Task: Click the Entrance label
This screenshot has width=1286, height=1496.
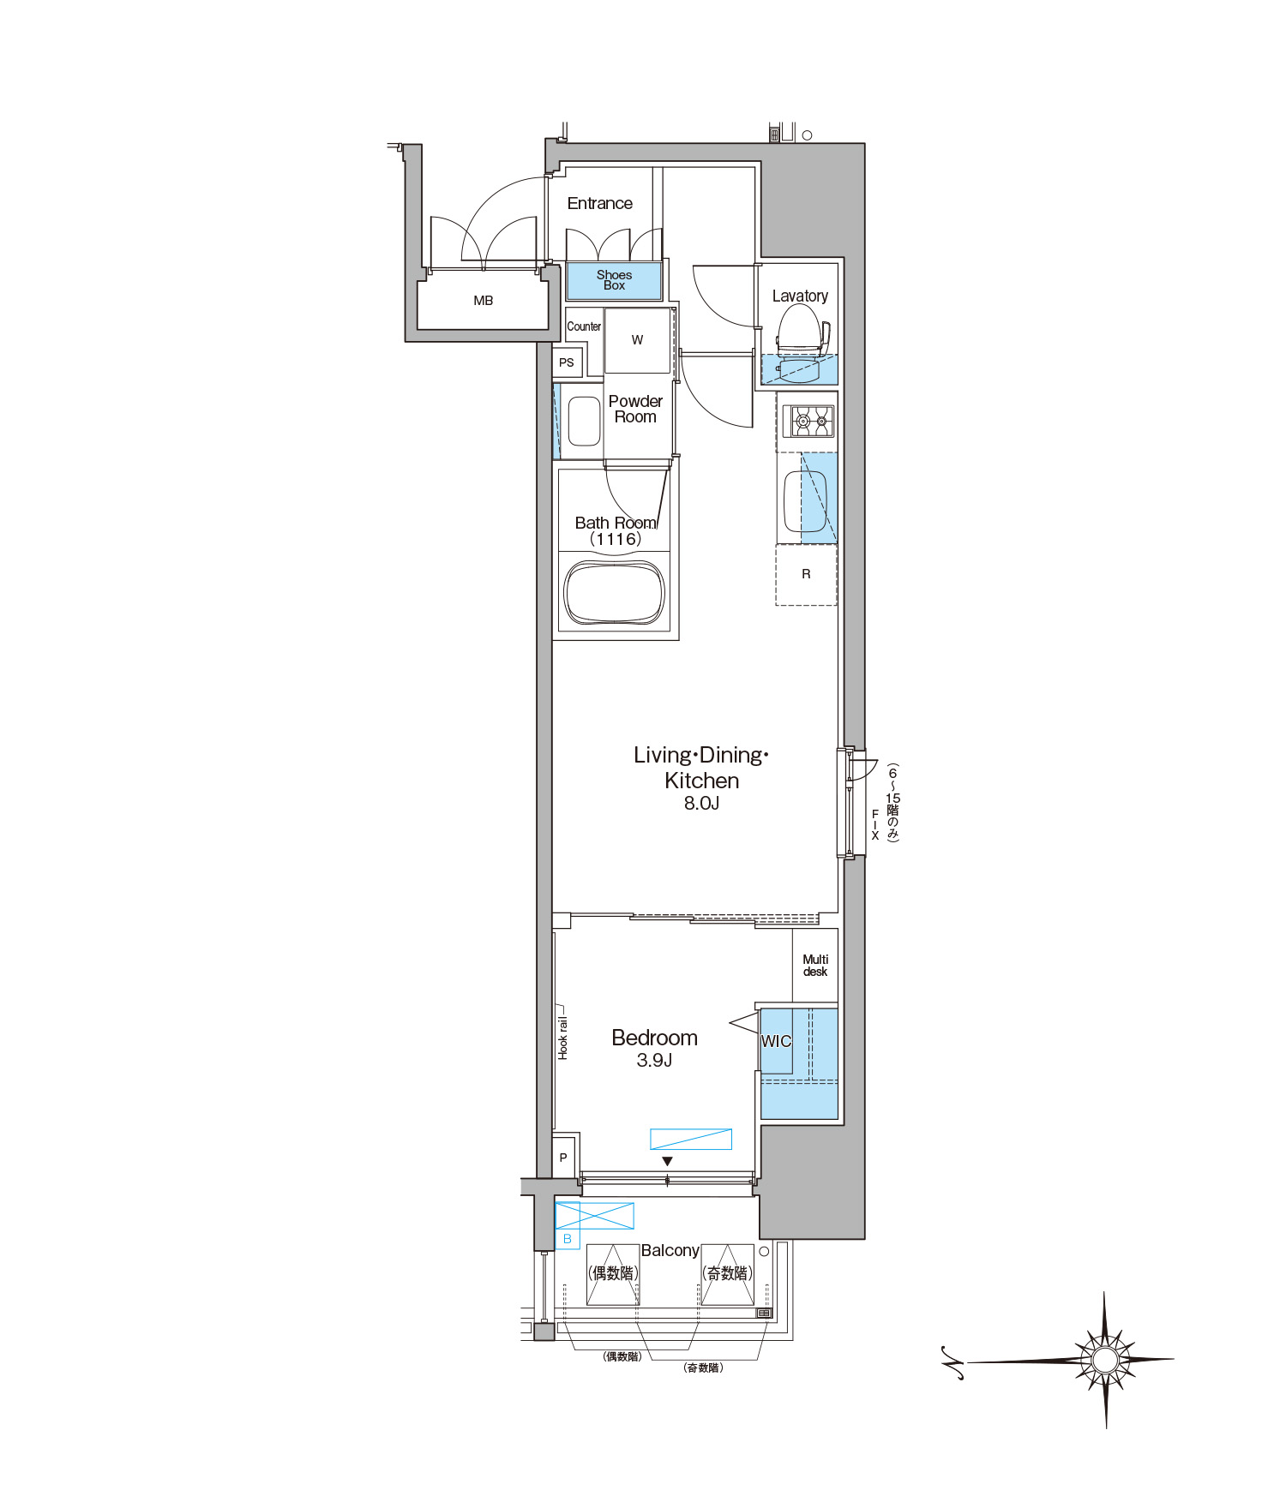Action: coord(599,204)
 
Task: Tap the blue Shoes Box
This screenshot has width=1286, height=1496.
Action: coord(614,280)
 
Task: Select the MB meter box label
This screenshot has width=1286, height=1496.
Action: coord(484,301)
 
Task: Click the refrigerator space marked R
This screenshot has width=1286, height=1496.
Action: coord(806,574)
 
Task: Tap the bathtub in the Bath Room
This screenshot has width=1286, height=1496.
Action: coord(615,594)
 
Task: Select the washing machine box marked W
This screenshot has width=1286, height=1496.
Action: coord(637,340)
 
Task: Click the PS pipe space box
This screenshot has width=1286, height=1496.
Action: coord(567,362)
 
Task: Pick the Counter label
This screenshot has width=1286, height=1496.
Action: coord(584,326)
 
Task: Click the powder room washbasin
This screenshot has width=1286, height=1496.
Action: coord(584,421)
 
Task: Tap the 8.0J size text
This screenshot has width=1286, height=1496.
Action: coord(701,803)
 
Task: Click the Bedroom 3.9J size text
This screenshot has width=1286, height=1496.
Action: coord(654,1061)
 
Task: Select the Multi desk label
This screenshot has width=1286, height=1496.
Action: coord(815,966)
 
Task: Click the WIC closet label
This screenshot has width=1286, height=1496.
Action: coord(776,1041)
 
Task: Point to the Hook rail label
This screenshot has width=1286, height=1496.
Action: coord(562,1038)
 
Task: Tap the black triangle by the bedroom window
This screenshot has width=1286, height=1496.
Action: coord(667,1162)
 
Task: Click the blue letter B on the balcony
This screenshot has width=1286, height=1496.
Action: coord(567,1239)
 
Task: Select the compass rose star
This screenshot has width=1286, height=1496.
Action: coord(1105,1360)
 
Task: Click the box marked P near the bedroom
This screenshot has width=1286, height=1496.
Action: coord(563,1158)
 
